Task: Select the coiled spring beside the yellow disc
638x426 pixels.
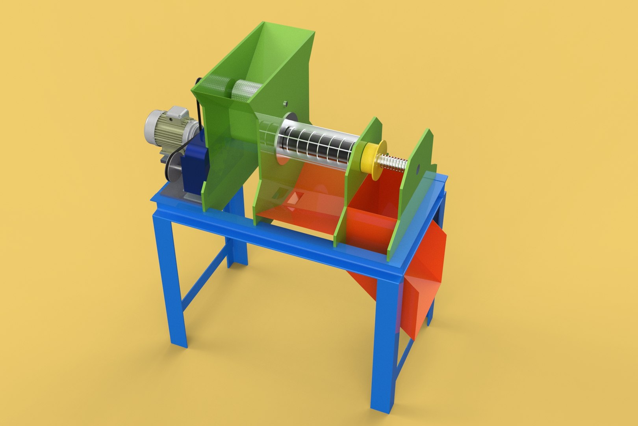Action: (392, 163)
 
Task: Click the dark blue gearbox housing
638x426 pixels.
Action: (195, 166)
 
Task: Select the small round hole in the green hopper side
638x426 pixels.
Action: (285, 103)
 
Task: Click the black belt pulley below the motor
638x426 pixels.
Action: (173, 170)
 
